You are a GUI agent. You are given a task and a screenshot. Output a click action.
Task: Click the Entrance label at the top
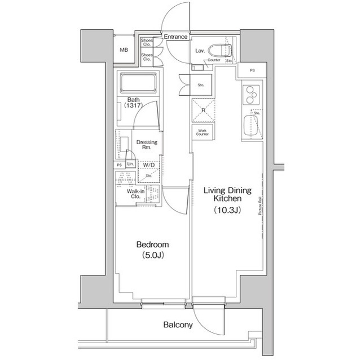pyautogui.click(x=175, y=37)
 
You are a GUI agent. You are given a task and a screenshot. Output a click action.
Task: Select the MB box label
pyautogui.click(x=124, y=50)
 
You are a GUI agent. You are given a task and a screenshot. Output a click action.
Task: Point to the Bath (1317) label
pyautogui.click(x=134, y=103)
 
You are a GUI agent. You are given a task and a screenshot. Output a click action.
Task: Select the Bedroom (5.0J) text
pyautogui.click(x=153, y=250)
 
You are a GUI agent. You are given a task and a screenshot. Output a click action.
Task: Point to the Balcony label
pyautogui.click(x=178, y=325)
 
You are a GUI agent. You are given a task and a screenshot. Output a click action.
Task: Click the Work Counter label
pyautogui.click(x=202, y=133)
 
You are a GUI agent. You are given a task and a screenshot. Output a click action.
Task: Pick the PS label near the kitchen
pyautogui.click(x=252, y=70)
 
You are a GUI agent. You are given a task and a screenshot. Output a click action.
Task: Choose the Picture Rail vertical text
pyautogui.click(x=260, y=206)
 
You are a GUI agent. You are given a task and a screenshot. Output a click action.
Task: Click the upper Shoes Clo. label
pyautogui.click(x=147, y=42)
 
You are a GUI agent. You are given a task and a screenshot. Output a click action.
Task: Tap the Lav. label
pyautogui.click(x=200, y=51)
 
